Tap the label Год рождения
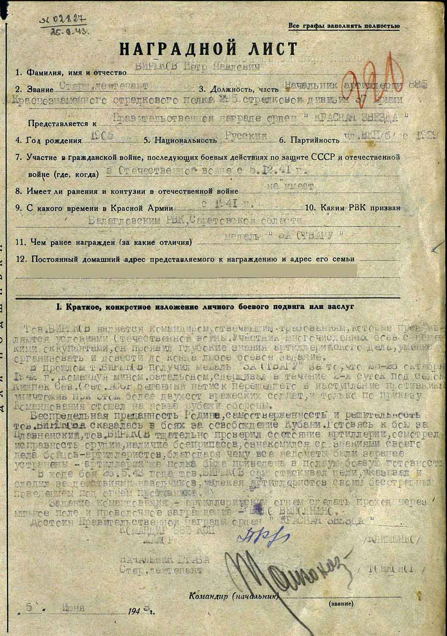coord(53,140)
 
